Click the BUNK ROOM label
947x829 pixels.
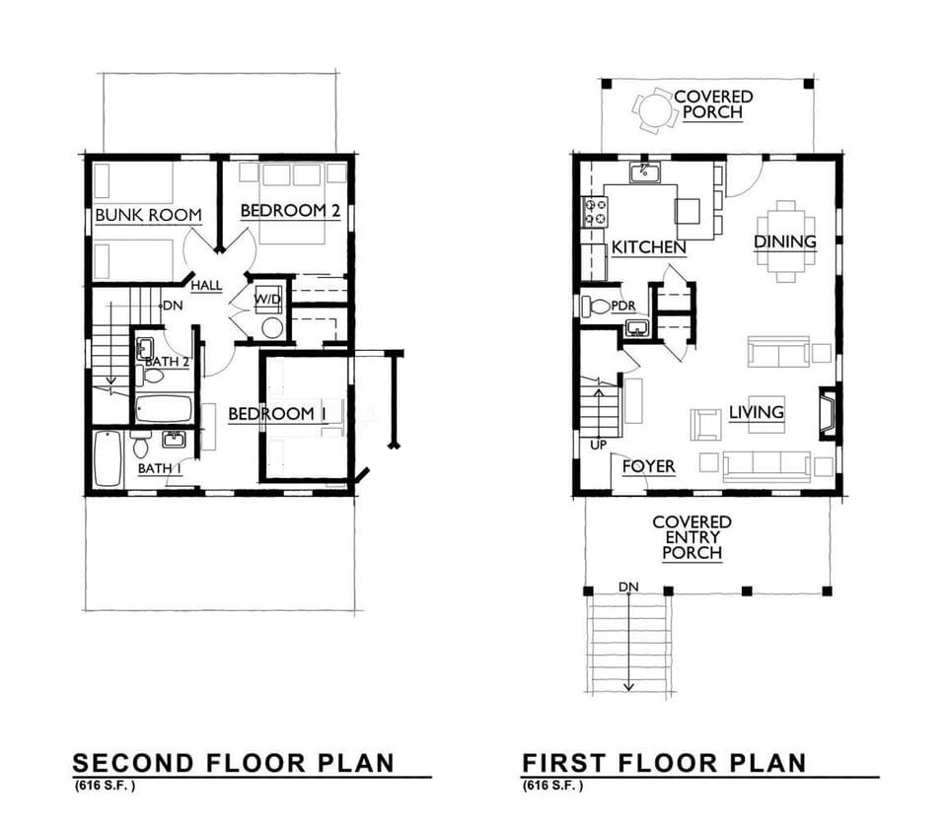148,215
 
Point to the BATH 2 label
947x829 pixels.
167,362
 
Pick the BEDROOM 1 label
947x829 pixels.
277,414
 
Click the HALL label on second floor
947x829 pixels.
206,286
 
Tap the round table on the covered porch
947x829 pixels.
652,110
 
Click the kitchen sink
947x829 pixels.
645,173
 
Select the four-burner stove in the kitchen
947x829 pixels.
595,212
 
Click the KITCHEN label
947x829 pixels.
648,246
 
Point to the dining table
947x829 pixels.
786,241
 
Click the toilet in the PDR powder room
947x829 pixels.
595,306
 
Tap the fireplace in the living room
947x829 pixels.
828,413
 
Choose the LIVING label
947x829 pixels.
757,412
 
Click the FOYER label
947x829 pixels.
648,466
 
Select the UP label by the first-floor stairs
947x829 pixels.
599,446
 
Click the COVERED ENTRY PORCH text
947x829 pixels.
692,537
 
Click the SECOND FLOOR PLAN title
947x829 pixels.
233,762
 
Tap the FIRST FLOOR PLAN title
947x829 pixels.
664,762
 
